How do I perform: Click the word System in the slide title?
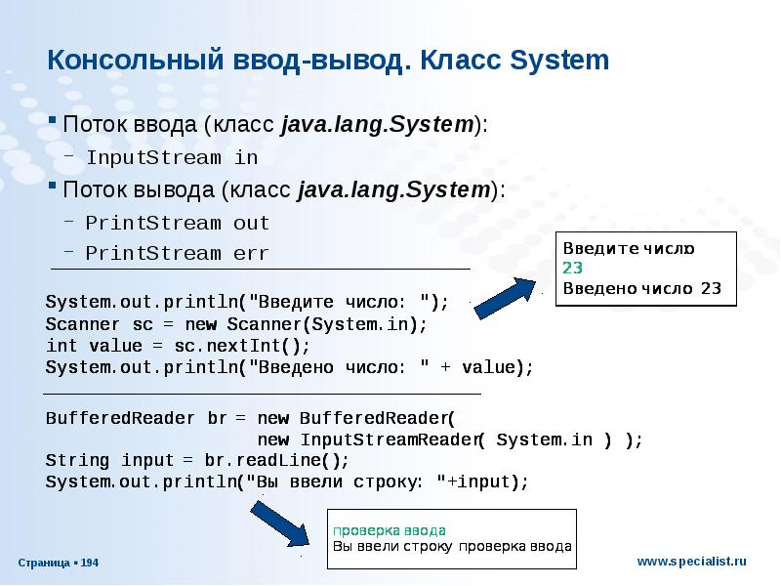[x=559, y=62]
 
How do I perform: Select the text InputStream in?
[x=172, y=156]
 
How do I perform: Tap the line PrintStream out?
[x=177, y=223]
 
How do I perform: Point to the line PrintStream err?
[x=177, y=253]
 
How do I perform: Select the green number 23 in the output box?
[x=572, y=268]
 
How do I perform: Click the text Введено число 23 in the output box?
[x=641, y=288]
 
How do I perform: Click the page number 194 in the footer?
[x=89, y=564]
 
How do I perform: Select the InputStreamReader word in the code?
[x=389, y=439]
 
